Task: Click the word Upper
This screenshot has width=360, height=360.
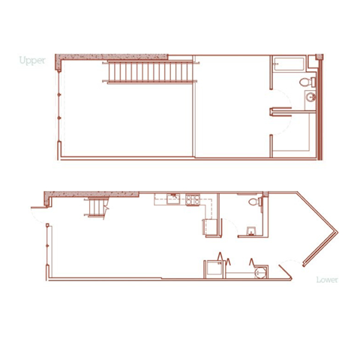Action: [x=32, y=60]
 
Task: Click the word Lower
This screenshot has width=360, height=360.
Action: [x=327, y=280]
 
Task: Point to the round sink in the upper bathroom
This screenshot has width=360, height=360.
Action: [x=309, y=98]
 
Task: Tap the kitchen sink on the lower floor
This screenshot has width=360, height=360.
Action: [x=172, y=199]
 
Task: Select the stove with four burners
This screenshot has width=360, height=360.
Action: [x=192, y=199]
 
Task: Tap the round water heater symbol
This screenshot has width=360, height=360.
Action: [x=260, y=271]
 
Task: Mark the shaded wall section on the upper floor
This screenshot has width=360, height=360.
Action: [x=112, y=58]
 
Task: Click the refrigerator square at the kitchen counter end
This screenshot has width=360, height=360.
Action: [x=209, y=227]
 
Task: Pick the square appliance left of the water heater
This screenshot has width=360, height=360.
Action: [x=212, y=268]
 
